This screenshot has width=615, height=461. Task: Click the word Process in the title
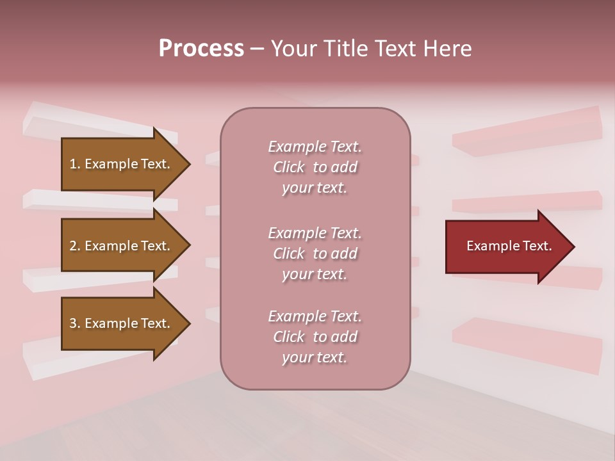click(201, 49)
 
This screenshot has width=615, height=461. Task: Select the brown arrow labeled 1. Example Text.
click(122, 165)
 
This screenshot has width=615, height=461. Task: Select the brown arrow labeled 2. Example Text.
click(122, 246)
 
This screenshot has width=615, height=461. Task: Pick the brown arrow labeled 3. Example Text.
click(122, 323)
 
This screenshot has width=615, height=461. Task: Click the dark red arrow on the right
click(506, 247)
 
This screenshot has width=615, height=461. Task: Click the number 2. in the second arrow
click(75, 246)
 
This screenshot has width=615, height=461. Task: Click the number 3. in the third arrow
click(75, 323)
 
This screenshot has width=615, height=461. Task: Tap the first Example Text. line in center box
click(315, 147)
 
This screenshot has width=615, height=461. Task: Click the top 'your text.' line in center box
click(315, 188)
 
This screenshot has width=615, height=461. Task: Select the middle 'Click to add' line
click(315, 254)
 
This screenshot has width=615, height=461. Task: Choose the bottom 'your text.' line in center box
click(315, 357)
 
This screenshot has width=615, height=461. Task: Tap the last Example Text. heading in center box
click(315, 316)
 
